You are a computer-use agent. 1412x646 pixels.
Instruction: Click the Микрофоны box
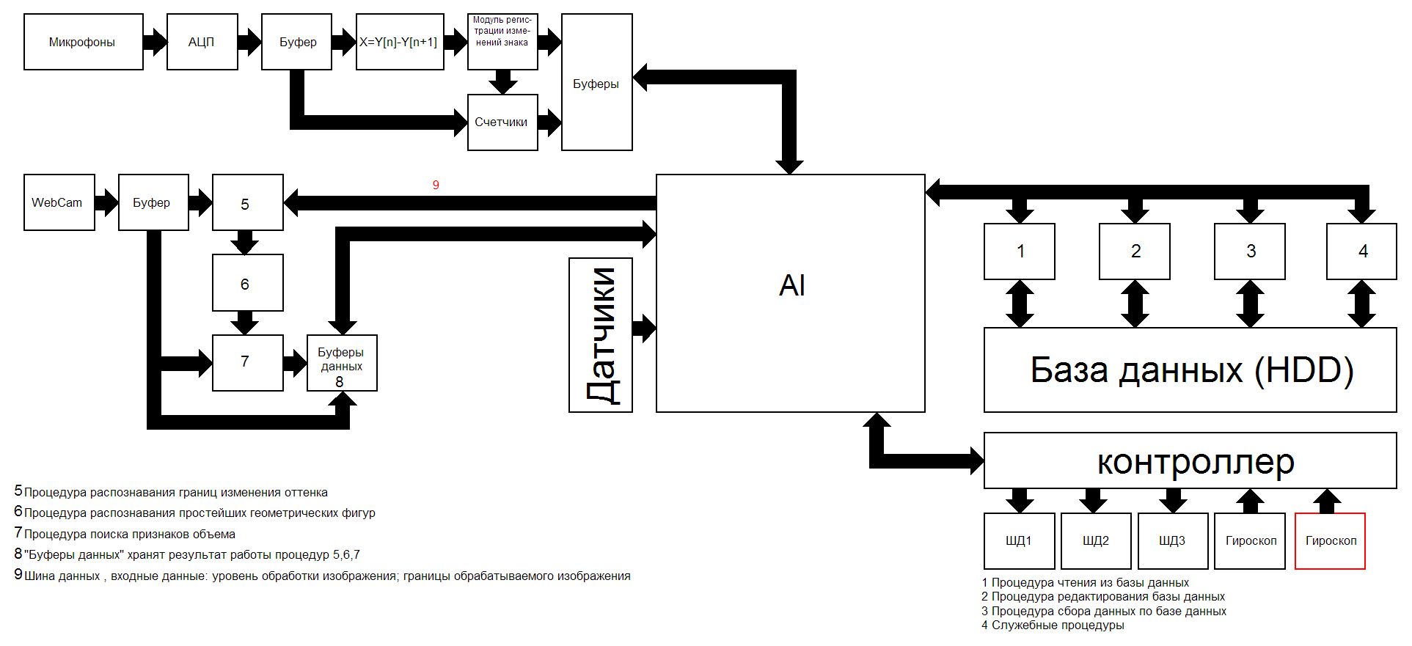click(83, 42)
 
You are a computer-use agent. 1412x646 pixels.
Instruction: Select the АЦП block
click(202, 42)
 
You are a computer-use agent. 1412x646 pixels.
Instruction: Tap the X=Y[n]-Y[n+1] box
click(399, 42)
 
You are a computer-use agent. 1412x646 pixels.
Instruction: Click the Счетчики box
click(502, 122)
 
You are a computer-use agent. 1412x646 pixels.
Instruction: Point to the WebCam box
click(59, 202)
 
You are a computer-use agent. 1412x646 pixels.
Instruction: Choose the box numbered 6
click(247, 283)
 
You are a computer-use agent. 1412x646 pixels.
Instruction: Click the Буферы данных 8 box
click(341, 364)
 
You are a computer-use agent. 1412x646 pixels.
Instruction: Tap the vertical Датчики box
click(600, 335)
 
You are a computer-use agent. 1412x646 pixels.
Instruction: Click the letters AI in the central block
click(791, 285)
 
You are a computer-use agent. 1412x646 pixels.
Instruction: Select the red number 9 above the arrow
click(436, 185)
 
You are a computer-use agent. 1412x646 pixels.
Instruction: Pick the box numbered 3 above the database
click(1249, 252)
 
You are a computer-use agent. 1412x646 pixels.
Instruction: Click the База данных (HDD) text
click(1190, 370)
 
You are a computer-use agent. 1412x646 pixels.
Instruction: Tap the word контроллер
click(1195, 461)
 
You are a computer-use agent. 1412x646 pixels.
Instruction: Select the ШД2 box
click(1095, 541)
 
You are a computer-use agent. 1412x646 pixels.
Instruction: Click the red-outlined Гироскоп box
click(1330, 541)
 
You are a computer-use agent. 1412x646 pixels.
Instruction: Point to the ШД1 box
click(1018, 541)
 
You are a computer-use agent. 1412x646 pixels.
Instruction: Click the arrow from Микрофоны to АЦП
click(155, 42)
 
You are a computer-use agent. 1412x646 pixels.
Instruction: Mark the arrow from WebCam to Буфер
click(106, 202)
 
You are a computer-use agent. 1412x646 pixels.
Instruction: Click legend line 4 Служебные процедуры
click(1053, 625)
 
